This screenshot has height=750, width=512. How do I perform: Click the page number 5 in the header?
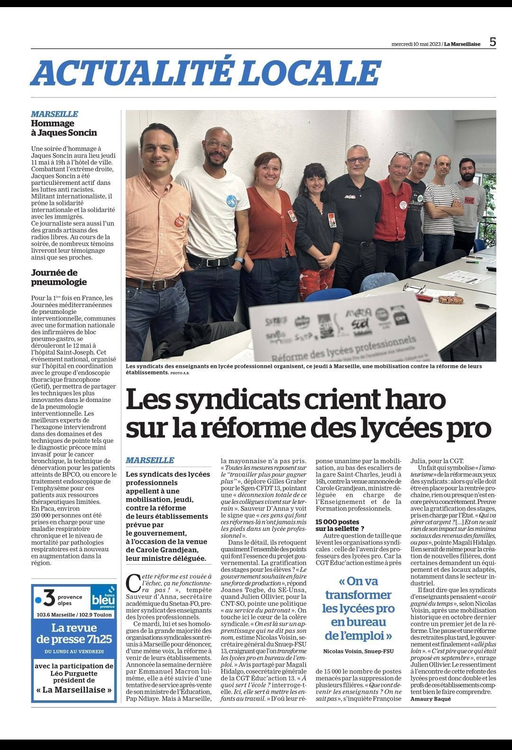(x=493, y=42)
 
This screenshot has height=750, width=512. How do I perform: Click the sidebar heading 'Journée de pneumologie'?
(x=59, y=277)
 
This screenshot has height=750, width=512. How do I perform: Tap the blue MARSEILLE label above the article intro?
(x=150, y=460)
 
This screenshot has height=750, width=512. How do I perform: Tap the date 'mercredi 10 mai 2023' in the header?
(x=416, y=44)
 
